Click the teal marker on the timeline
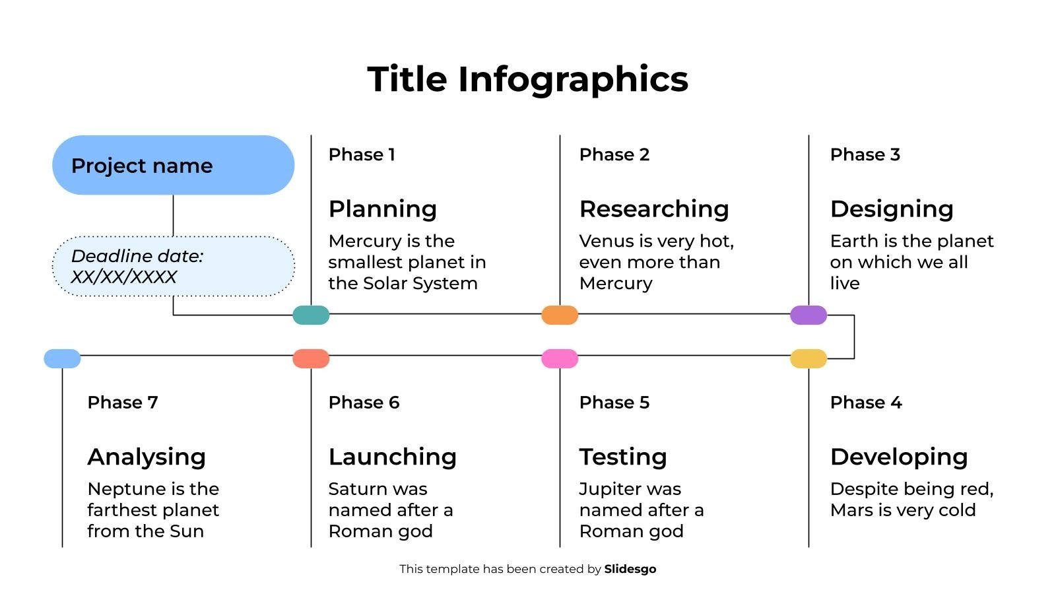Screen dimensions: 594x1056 click(x=311, y=315)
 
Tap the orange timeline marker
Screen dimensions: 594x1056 click(x=560, y=315)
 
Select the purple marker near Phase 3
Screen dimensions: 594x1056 click(x=808, y=315)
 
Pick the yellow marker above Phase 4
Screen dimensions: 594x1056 click(x=808, y=358)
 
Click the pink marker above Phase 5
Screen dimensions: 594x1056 click(x=560, y=358)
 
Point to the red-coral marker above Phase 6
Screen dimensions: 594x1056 click(x=311, y=358)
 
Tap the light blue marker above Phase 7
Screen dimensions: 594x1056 click(x=62, y=358)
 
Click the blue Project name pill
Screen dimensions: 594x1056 click(x=173, y=165)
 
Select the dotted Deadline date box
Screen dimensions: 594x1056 click(x=173, y=266)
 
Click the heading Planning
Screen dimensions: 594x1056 click(x=383, y=209)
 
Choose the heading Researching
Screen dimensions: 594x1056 click(x=654, y=209)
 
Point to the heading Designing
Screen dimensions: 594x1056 click(x=892, y=209)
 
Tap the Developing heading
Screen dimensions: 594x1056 click(x=899, y=457)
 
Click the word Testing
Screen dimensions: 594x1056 click(x=623, y=457)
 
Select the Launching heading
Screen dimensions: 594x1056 click(x=393, y=457)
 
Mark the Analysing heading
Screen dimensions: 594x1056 click(x=147, y=457)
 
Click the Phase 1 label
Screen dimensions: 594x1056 click(x=362, y=154)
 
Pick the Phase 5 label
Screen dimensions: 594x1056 click(x=614, y=403)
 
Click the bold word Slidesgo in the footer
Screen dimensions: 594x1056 click(x=630, y=569)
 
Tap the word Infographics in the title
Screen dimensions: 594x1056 click(x=573, y=79)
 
